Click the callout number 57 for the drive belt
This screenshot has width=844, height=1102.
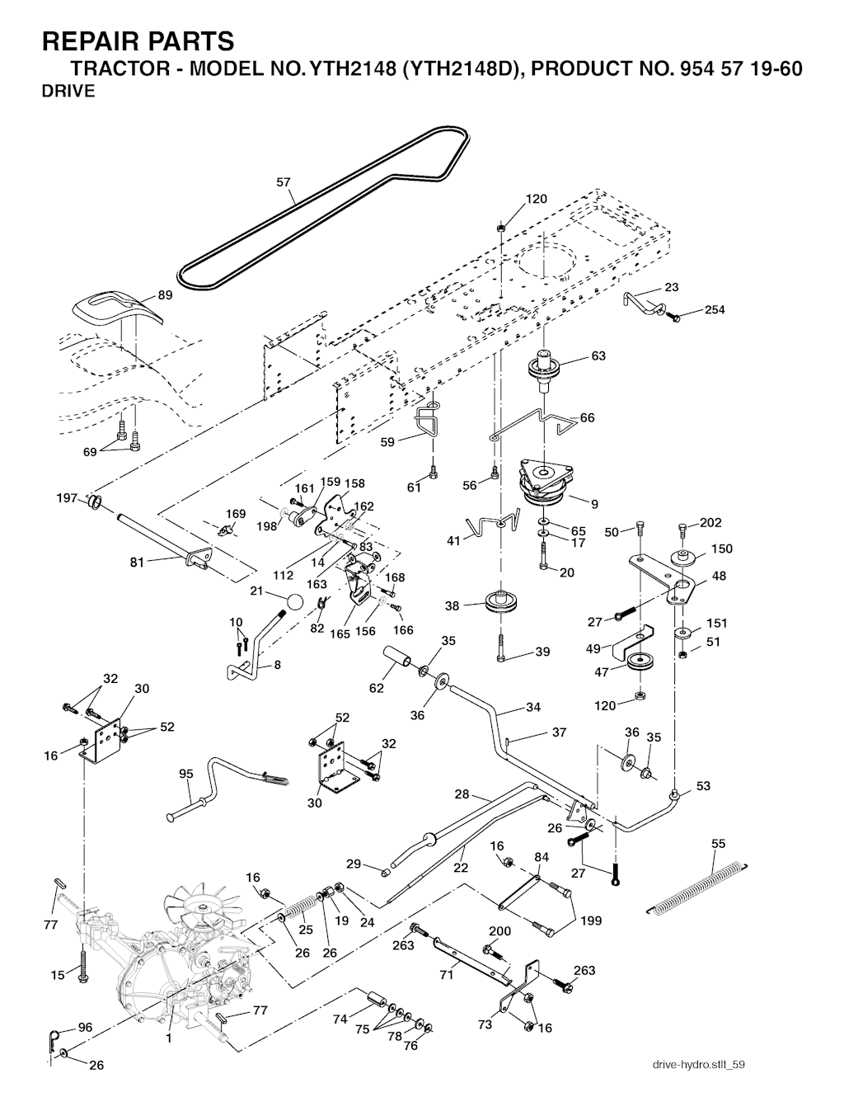coord(284,182)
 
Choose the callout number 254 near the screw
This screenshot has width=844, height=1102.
coord(715,309)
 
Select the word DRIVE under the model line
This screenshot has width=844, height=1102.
coord(68,91)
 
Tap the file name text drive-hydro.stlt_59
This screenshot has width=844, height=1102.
coord(698,1065)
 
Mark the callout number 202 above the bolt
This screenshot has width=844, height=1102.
coord(710,522)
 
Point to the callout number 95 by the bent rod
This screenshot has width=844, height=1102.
coord(186,774)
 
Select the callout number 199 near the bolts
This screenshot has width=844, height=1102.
coord(591,921)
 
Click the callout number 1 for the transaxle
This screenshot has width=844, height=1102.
coord(169,1038)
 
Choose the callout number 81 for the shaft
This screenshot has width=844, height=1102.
coord(138,563)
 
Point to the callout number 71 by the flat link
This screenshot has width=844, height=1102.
coord(447,975)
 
